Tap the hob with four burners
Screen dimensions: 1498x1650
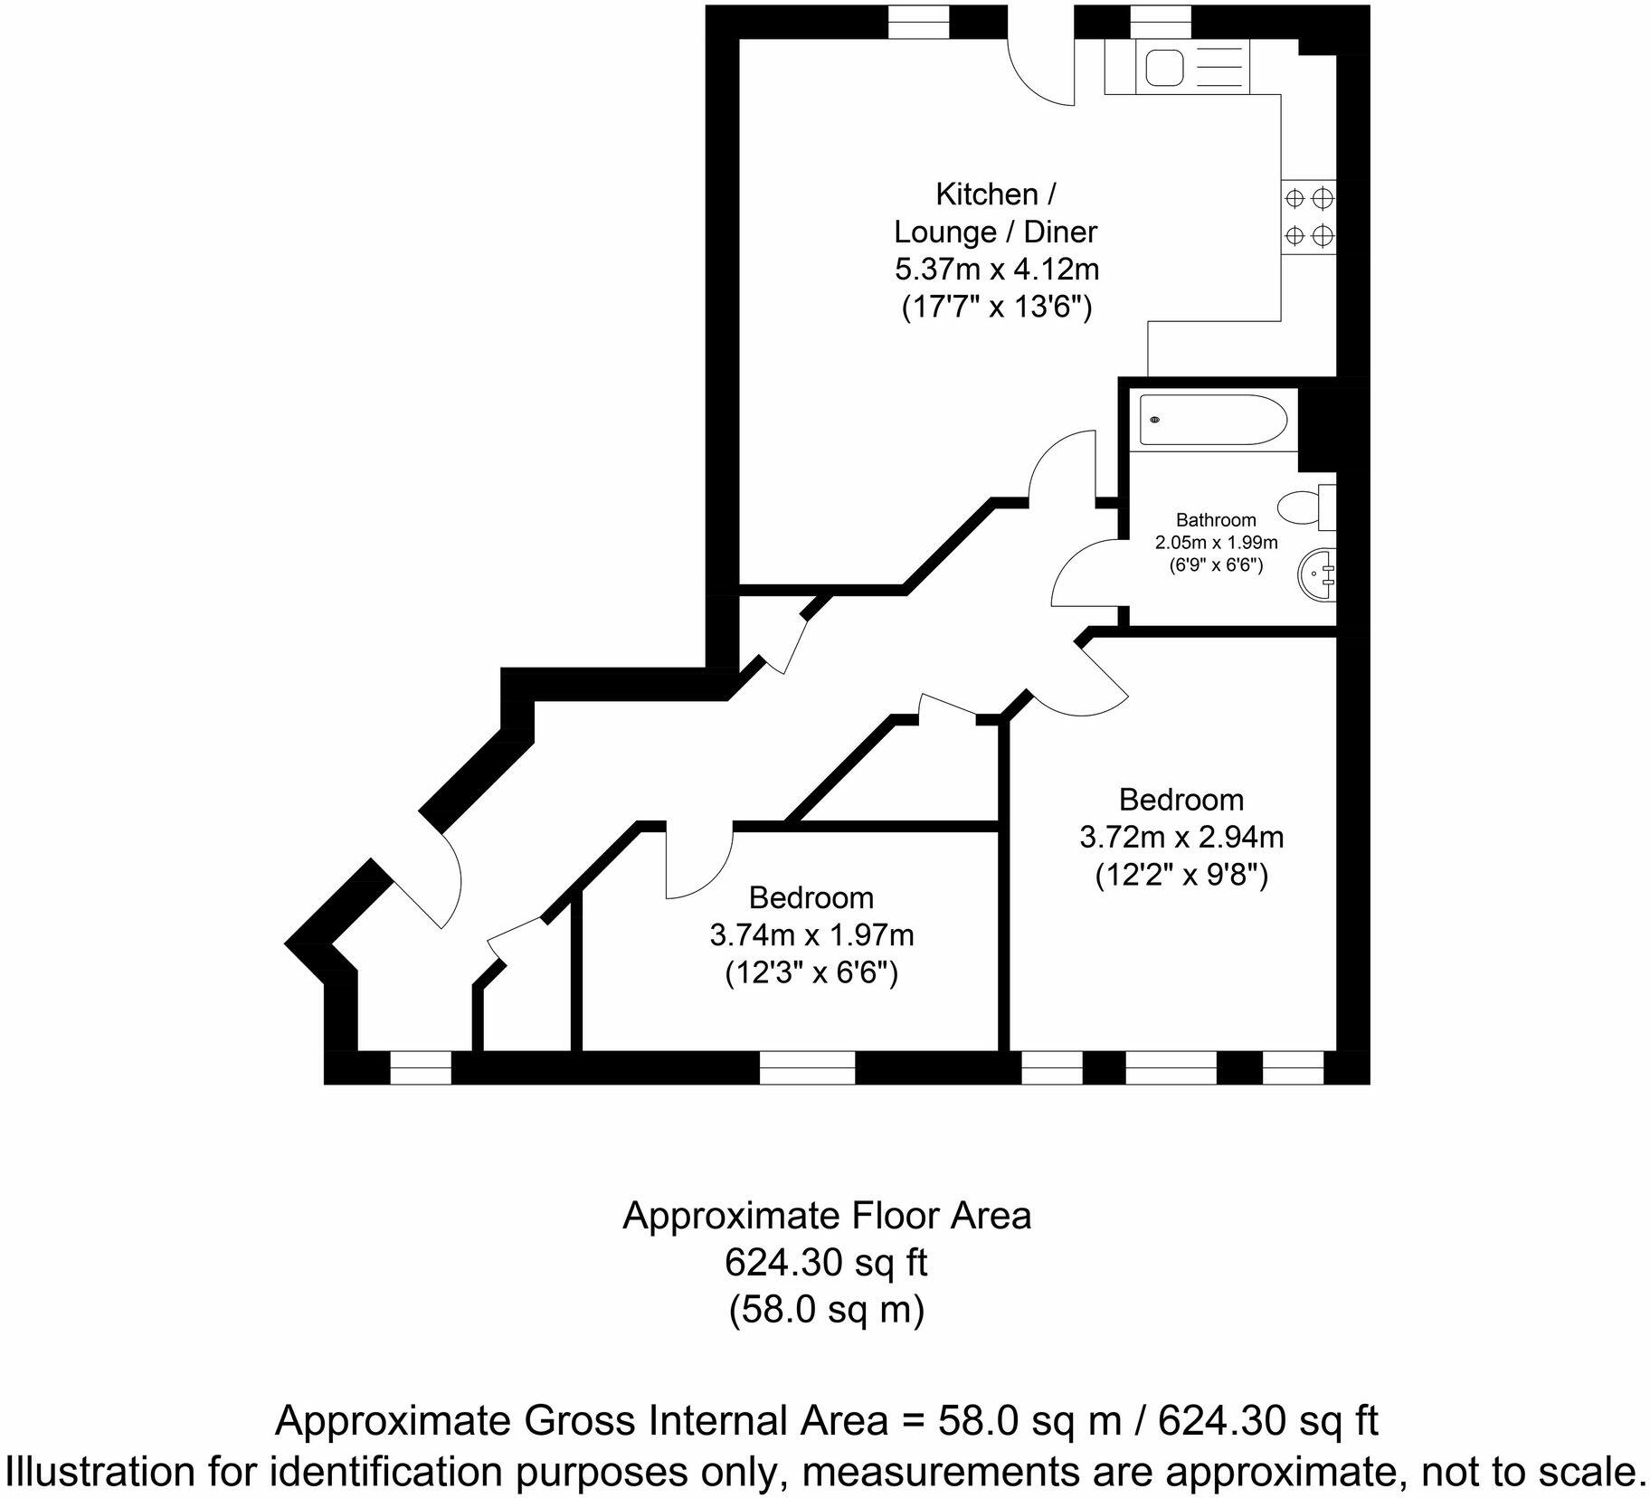pos(1308,216)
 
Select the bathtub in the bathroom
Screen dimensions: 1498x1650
pos(1212,420)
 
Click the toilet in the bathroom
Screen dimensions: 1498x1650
pos(1304,507)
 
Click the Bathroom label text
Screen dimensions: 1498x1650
pos(1215,520)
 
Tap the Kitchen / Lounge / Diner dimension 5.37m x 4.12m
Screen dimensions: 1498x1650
pos(996,270)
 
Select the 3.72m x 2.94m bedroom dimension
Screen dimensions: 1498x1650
pos(1181,838)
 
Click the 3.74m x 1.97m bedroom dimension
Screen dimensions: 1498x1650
pos(811,935)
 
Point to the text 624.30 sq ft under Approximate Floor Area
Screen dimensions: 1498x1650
pos(826,1263)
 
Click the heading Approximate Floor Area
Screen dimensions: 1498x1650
pos(826,1217)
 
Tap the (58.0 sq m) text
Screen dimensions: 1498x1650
pos(826,1310)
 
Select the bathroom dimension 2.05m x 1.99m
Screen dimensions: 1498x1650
pos(1215,543)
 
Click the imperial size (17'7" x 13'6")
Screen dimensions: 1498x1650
pos(996,308)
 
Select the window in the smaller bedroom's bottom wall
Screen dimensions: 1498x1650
pos(806,1067)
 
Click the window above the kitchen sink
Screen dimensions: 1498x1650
pos(1161,21)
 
